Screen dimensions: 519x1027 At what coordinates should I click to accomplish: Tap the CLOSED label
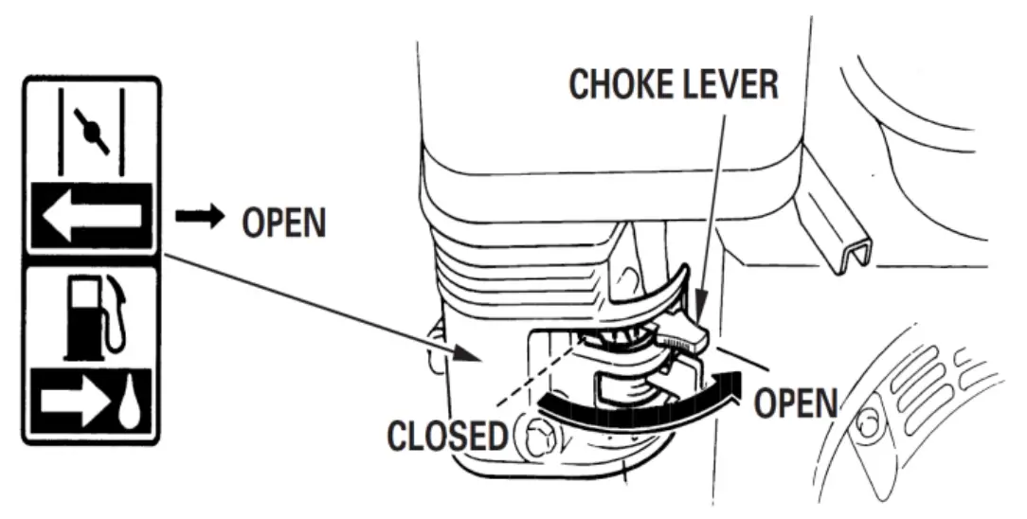pos(446,437)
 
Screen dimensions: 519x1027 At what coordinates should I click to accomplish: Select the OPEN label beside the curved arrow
pos(796,402)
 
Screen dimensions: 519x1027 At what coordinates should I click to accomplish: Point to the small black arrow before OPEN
pos(198,218)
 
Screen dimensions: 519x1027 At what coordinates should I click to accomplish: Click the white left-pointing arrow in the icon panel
pos(92,215)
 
